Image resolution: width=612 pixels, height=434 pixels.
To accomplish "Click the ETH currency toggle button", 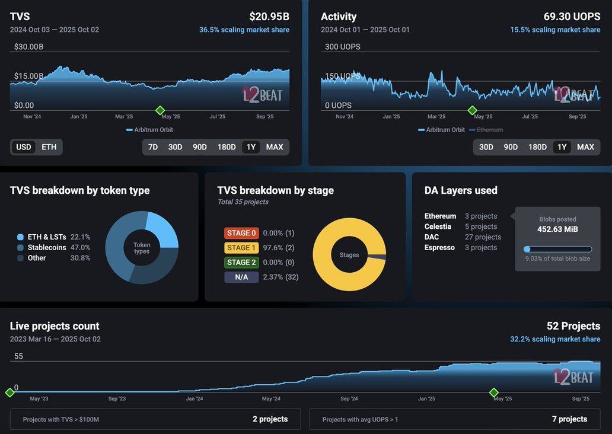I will tap(49, 147).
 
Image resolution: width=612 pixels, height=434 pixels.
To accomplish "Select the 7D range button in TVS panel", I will tap(153, 147).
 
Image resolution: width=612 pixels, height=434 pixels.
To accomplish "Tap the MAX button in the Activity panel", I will tap(585, 147).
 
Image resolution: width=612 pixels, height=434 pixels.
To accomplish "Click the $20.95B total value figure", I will tap(269, 17).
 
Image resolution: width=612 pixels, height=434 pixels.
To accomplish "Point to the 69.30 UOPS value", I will tap(572, 17).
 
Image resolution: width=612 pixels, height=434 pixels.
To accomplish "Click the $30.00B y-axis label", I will tap(29, 47).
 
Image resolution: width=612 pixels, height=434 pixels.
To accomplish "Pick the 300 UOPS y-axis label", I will tap(342, 47).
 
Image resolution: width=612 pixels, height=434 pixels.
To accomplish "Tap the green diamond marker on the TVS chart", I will tap(160, 110).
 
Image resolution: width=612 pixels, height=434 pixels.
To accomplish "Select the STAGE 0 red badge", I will tap(241, 233).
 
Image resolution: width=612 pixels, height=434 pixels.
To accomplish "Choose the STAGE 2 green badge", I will tap(241, 262).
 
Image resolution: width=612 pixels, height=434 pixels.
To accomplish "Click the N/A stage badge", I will tap(241, 277).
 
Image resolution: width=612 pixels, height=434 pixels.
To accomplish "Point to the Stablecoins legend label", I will tap(47, 247).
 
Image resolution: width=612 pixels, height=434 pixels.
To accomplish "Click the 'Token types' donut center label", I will tap(142, 248).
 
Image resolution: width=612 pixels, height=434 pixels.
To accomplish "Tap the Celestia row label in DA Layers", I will tap(438, 226).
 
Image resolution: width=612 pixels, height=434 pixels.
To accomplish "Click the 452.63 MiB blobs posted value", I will tap(557, 229).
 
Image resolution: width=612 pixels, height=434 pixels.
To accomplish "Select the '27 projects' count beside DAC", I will tap(483, 237).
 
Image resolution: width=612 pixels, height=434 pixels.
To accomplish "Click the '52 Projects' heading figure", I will tap(573, 326).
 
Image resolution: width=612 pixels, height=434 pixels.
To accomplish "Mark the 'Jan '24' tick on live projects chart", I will tap(195, 399).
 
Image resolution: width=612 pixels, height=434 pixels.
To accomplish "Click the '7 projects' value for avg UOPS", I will tap(569, 419).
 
